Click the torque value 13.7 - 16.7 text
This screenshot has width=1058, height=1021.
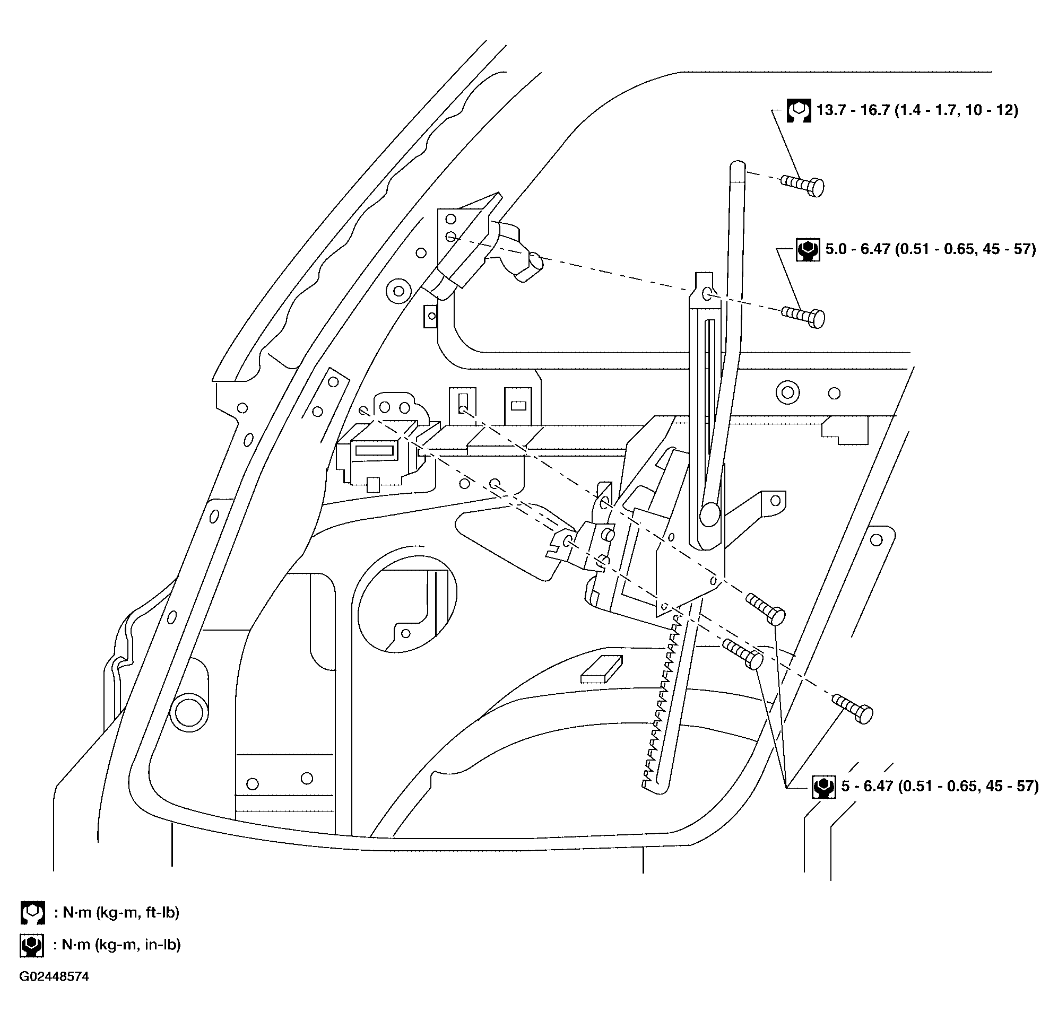point(916,111)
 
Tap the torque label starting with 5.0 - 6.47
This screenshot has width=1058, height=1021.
point(931,249)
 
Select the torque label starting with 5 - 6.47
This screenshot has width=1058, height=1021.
point(940,786)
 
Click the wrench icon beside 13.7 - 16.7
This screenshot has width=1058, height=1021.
point(799,111)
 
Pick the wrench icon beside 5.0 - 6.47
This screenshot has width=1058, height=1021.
point(808,250)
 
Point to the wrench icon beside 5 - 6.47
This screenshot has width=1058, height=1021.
point(823,787)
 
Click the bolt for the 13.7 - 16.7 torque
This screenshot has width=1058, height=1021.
point(803,185)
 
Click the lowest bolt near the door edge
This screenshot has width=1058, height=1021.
point(853,709)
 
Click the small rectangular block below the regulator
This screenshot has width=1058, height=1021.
point(601,670)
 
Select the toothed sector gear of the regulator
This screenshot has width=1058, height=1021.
point(661,702)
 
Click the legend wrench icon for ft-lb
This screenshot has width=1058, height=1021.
point(32,912)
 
